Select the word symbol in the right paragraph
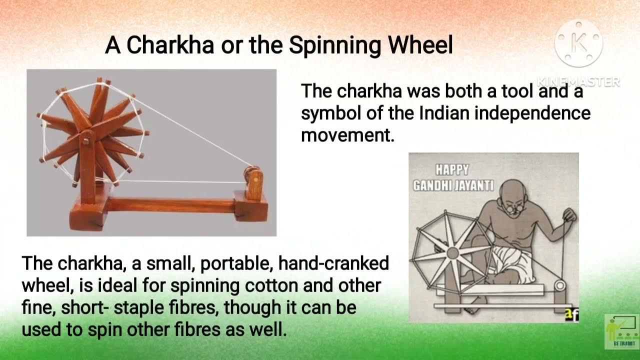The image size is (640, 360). click(328, 113)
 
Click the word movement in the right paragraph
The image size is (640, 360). click(347, 134)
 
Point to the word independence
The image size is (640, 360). click(532, 113)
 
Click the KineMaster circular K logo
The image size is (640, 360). click(578, 44)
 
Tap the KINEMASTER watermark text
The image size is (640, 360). click(578, 81)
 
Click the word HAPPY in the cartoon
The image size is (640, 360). click(451, 170)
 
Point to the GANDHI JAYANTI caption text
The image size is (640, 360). click(453, 186)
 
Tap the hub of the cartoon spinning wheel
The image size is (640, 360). click(452, 253)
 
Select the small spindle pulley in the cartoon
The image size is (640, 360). click(559, 286)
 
